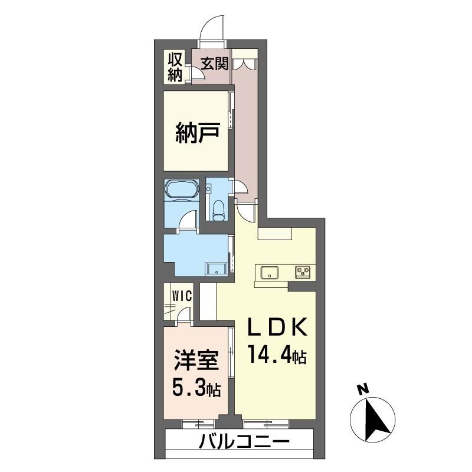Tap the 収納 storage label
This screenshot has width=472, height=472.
click(x=175, y=67)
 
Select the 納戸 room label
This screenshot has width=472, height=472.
click(x=196, y=134)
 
